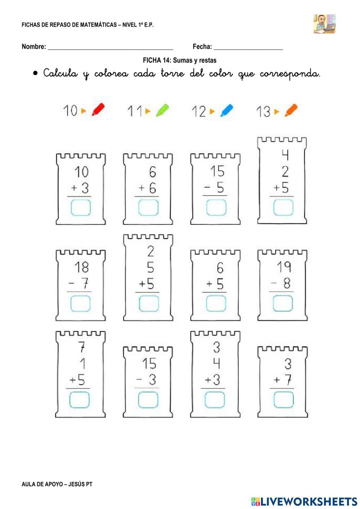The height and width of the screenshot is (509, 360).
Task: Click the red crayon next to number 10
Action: [x=98, y=110]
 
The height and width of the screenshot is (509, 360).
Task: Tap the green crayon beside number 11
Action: [x=162, y=110]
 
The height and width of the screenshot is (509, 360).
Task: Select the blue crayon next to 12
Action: [x=226, y=110]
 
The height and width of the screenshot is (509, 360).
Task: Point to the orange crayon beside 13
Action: [x=291, y=110]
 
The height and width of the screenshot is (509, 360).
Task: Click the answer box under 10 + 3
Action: [x=81, y=208]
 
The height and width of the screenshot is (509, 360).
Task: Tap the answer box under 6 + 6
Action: [x=148, y=208]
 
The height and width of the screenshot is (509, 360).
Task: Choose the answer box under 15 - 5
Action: [x=216, y=208]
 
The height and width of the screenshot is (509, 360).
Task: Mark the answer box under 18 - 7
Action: [x=80, y=303]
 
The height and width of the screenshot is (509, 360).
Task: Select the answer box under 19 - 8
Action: [x=283, y=303]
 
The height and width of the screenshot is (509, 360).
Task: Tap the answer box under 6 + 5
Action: [x=216, y=303]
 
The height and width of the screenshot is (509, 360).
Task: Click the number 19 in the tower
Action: [x=284, y=267]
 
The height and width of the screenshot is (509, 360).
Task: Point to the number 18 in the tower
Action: [x=81, y=267]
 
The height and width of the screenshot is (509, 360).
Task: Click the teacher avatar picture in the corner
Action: [x=324, y=24]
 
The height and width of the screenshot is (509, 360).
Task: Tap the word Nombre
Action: [x=34, y=46]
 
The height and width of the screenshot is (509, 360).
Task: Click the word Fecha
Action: [x=202, y=46]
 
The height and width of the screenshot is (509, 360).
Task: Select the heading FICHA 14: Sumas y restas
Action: [x=180, y=60]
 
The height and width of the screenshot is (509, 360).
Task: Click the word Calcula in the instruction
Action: [x=60, y=73]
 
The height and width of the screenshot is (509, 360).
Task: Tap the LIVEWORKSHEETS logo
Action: [x=304, y=501]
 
